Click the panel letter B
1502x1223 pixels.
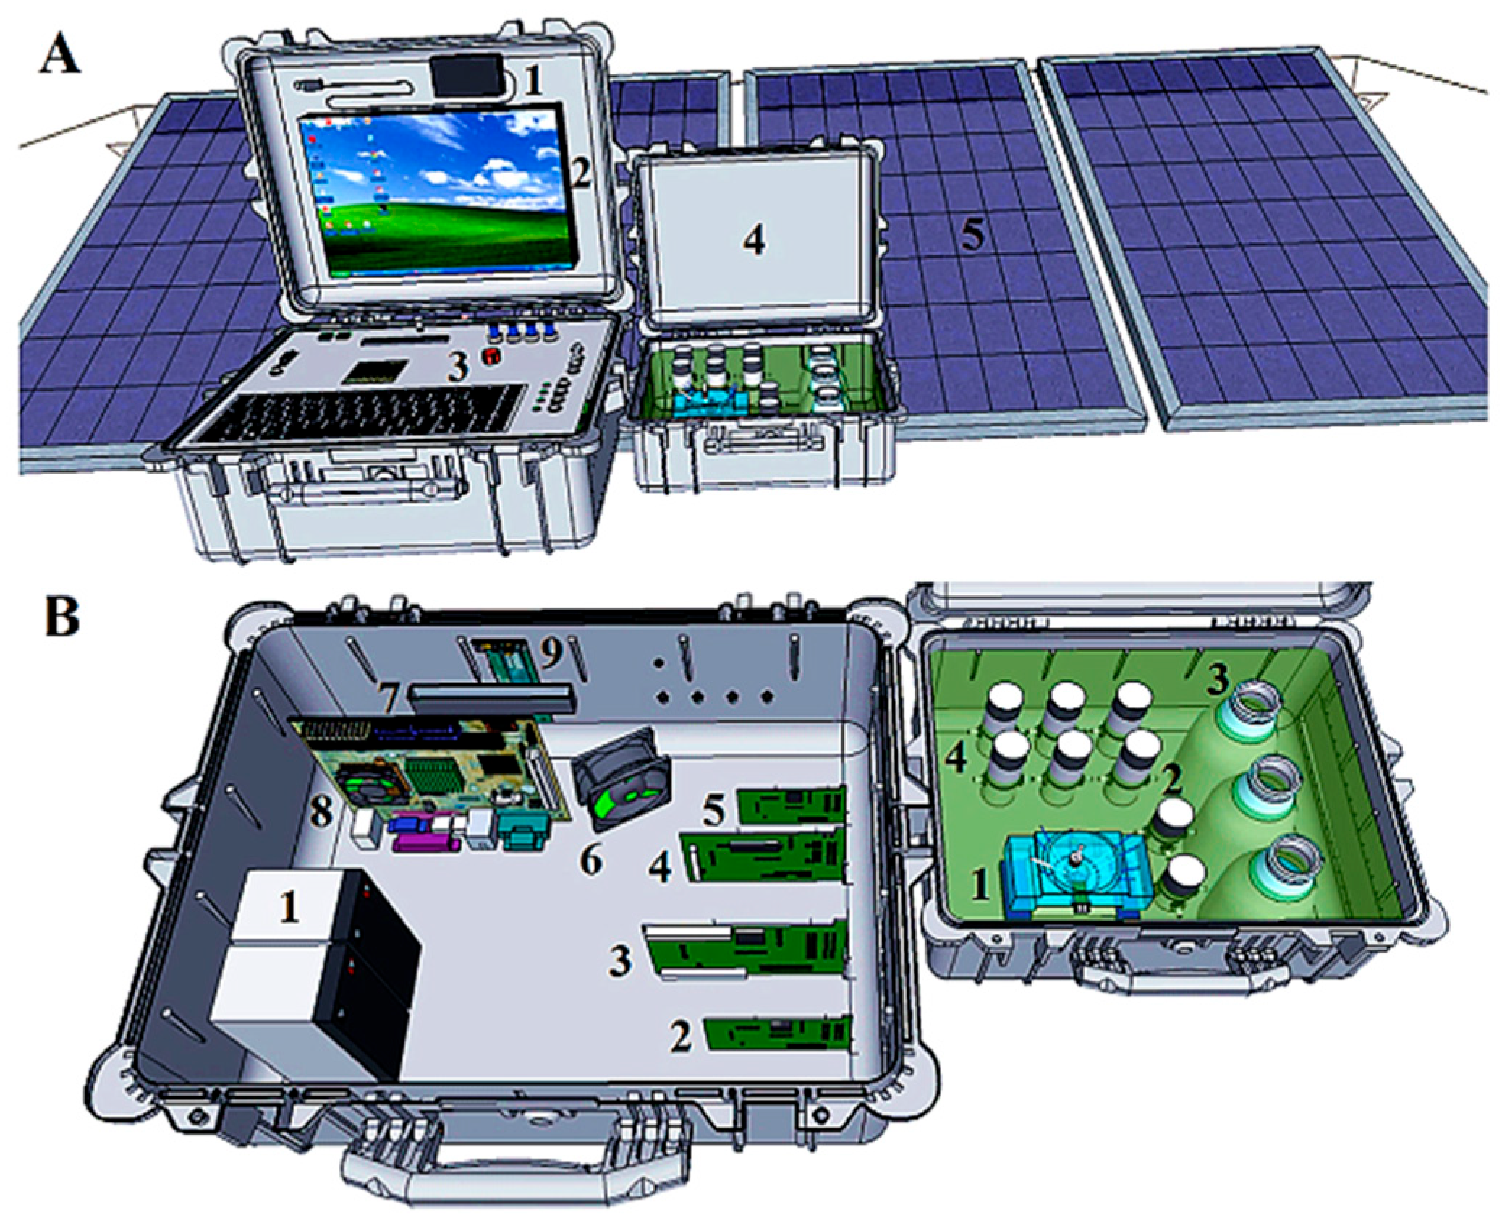61,618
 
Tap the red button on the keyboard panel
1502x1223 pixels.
492,356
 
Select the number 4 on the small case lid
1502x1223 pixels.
754,239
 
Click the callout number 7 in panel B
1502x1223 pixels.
389,699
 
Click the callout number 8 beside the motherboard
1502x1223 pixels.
321,811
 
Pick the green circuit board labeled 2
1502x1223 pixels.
777,1032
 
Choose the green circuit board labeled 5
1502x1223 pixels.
792,805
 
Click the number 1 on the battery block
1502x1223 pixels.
289,905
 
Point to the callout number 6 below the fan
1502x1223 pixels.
591,861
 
